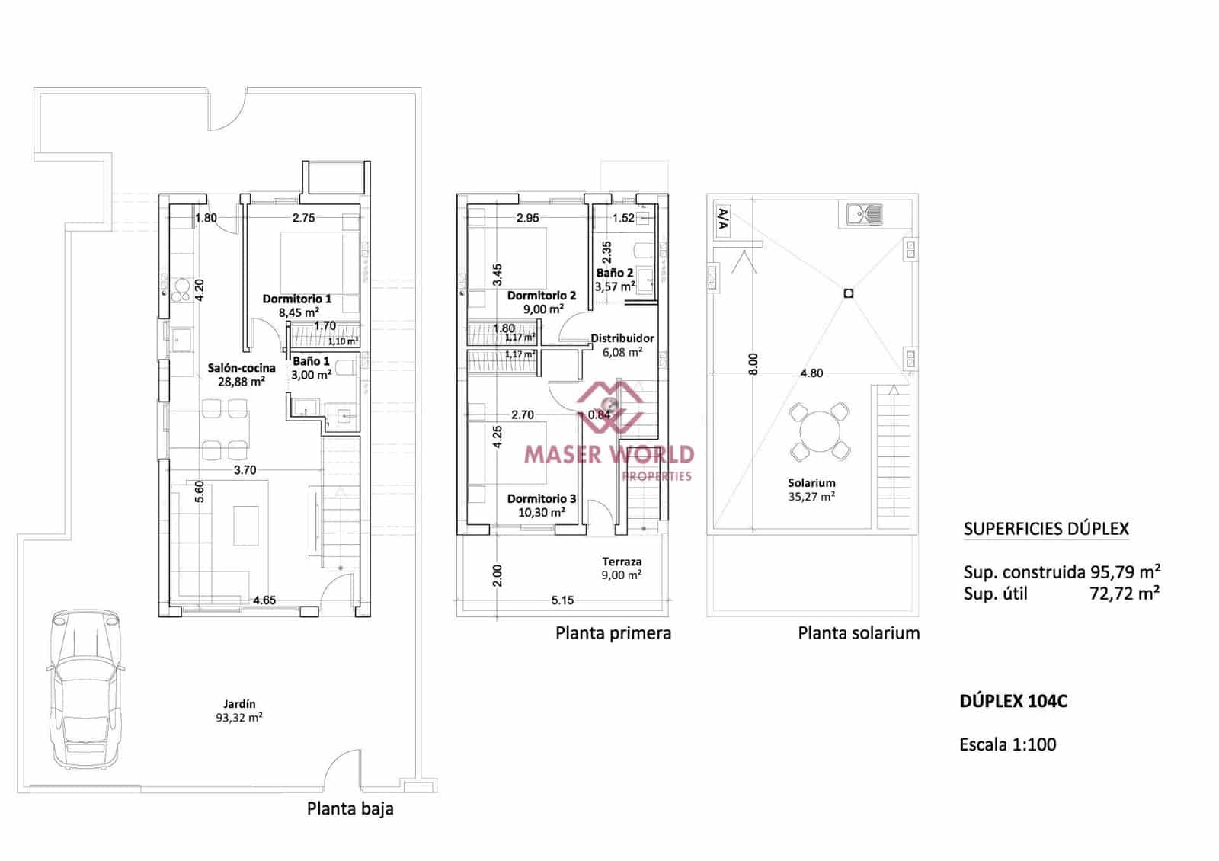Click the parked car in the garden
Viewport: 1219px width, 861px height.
pos(85,690)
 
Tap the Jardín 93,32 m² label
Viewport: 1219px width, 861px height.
pos(239,710)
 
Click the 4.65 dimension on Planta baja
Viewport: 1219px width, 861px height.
pos(264,600)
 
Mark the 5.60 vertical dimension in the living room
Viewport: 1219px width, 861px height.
pos(200,491)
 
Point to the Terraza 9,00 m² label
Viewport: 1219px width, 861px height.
pos(622,568)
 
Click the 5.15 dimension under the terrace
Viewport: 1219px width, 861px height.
pos(562,600)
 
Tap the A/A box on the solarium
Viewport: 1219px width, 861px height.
pos(723,219)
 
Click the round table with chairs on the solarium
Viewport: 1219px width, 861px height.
pos(819,431)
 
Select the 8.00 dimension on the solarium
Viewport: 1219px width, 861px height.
pos(753,363)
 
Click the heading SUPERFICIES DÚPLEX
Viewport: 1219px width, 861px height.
pos(1045,529)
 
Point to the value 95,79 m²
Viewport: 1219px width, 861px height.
pos(1124,572)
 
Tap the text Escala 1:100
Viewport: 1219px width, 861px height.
pos(1007,744)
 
